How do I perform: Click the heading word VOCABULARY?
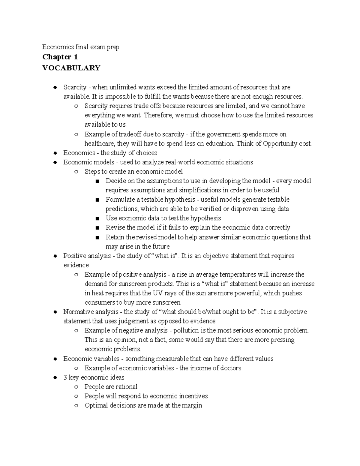click(71, 68)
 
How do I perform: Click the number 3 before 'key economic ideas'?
click(65, 377)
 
